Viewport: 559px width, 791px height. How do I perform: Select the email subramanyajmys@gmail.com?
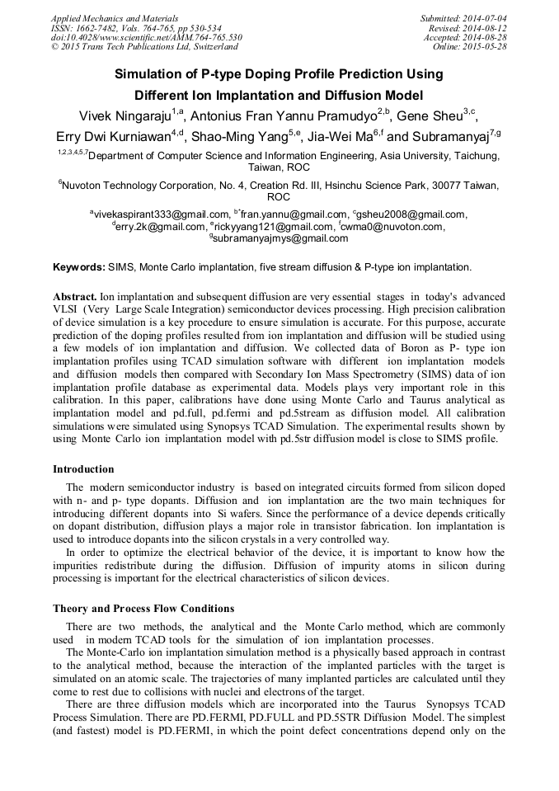click(x=281, y=238)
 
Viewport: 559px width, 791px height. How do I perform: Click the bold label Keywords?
click(x=79, y=267)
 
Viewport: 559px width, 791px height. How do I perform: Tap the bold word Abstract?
click(x=75, y=295)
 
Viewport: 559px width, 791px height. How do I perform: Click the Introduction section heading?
click(x=83, y=468)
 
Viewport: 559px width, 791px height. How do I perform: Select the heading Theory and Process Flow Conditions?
click(x=143, y=609)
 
